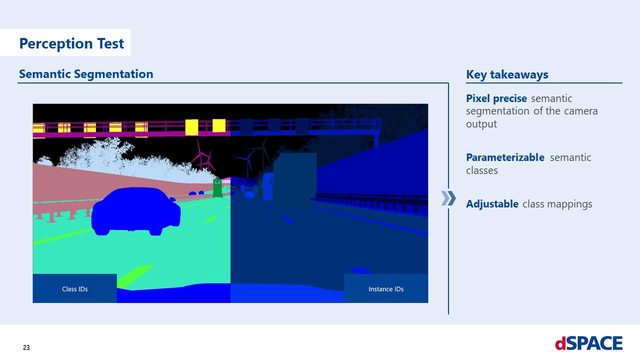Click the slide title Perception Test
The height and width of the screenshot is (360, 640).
(x=71, y=43)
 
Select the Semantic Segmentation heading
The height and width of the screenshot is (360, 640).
(x=86, y=74)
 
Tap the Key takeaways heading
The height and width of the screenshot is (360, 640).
(x=507, y=74)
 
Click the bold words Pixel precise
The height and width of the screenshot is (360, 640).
(x=496, y=98)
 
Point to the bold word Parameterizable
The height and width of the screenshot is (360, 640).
(x=505, y=157)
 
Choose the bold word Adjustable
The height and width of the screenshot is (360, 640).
(x=492, y=204)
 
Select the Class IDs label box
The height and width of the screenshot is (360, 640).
(x=74, y=288)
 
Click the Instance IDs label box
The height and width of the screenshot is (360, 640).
(x=385, y=288)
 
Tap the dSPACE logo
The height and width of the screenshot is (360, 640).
(x=588, y=343)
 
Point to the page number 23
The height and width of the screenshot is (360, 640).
(x=26, y=347)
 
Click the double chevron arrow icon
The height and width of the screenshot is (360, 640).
(x=448, y=198)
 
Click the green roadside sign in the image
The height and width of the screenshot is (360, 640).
(x=217, y=188)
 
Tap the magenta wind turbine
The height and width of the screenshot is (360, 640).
(x=202, y=155)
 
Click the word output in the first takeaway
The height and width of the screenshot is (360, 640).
(x=481, y=124)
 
